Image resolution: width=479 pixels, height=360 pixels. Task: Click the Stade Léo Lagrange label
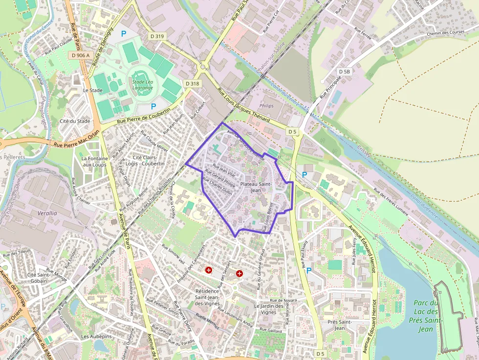(142, 85)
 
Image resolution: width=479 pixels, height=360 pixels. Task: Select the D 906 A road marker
(81, 55)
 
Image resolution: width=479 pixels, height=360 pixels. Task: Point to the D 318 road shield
(193, 84)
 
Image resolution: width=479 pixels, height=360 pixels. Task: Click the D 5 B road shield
(344, 72)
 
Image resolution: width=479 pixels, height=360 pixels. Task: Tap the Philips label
(266, 106)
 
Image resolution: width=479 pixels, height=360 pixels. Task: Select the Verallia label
(47, 213)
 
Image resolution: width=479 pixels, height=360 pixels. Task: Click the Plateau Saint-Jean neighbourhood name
(256, 187)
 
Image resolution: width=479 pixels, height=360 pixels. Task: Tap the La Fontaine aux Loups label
(94, 162)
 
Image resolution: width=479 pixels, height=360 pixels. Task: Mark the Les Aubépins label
(96, 337)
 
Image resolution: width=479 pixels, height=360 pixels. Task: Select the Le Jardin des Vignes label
(268, 309)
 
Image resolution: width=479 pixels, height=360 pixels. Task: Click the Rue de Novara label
(283, 300)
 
